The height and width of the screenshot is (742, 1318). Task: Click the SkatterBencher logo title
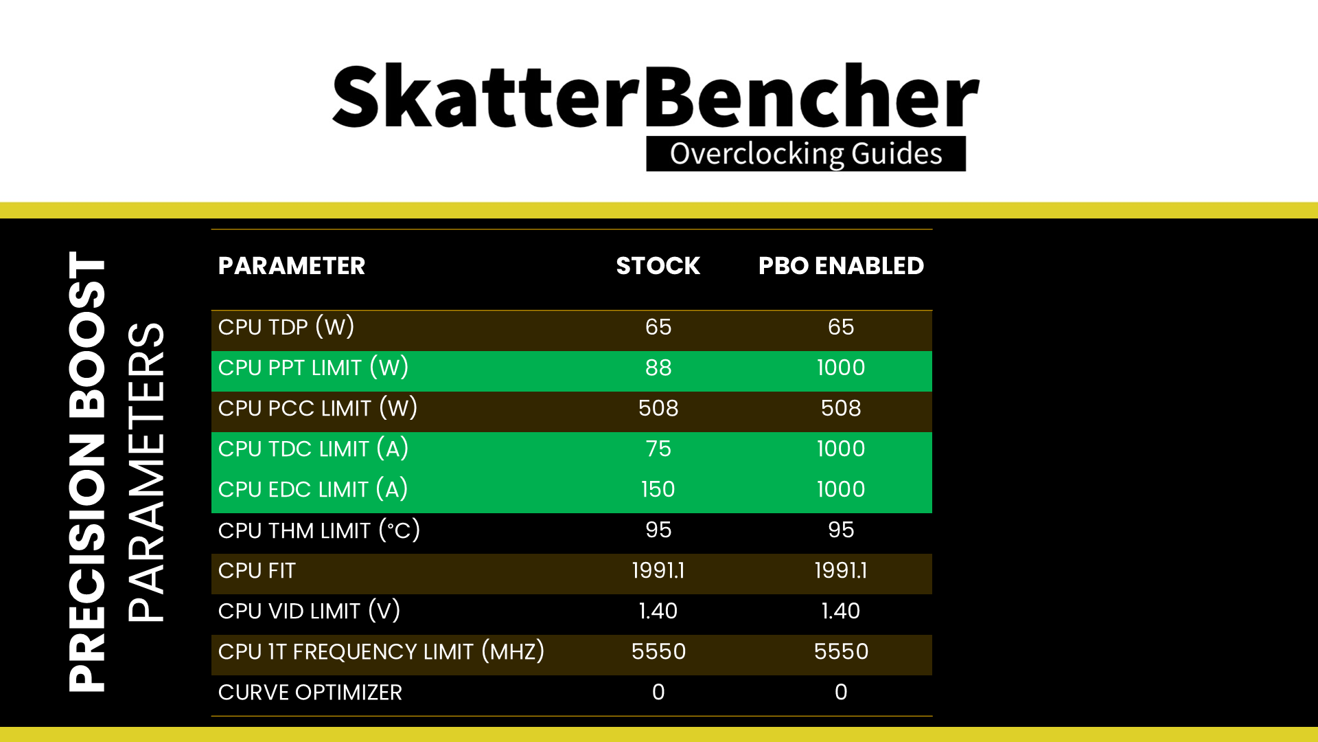[656, 96]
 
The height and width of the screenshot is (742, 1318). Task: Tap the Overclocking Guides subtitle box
[806, 154]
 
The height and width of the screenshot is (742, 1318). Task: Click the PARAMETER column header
[292, 266]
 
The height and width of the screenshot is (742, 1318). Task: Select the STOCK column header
[658, 266]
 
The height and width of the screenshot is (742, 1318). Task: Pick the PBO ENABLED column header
[841, 266]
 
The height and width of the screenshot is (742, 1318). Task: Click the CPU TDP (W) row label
[286, 327]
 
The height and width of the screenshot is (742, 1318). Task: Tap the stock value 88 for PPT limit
[658, 368]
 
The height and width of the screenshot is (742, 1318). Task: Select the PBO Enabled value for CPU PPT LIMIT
[841, 368]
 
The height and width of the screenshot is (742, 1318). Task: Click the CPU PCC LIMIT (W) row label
[318, 408]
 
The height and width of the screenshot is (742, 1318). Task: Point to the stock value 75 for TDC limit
[658, 449]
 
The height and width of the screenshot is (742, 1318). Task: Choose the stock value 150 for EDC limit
[658, 489]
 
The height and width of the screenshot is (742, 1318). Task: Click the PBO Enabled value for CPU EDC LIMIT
[841, 489]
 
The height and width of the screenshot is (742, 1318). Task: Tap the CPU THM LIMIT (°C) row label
[319, 530]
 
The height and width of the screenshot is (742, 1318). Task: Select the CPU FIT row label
[257, 571]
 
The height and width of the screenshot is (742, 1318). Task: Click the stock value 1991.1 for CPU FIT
[658, 570]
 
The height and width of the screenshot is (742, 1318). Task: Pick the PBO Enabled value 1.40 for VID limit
[841, 611]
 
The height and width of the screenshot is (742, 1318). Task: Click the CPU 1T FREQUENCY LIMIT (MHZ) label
[382, 651]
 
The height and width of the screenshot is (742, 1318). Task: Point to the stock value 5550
[658, 651]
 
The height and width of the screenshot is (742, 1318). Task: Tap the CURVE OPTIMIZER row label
[310, 693]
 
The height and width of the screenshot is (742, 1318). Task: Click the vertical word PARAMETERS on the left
[146, 472]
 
